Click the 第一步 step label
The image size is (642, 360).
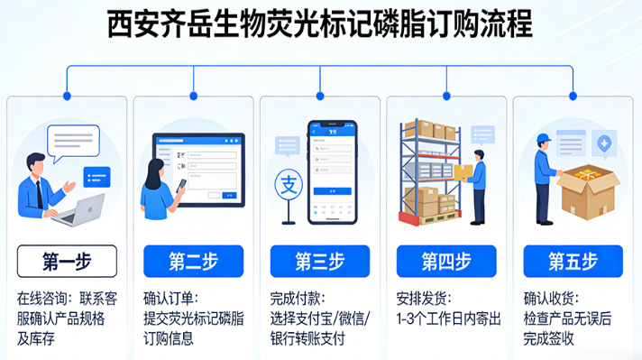67,262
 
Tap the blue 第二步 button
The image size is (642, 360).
193,262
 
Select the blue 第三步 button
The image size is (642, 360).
319,262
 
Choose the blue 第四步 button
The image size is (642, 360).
446,262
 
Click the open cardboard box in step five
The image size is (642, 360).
589,191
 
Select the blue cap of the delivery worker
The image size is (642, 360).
543,137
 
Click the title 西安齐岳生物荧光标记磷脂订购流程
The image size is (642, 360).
320,24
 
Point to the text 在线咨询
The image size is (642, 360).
40,298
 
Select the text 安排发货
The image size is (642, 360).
423,298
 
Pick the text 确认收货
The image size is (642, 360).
550,298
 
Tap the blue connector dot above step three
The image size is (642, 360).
320,95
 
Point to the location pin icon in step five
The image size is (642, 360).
604,142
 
